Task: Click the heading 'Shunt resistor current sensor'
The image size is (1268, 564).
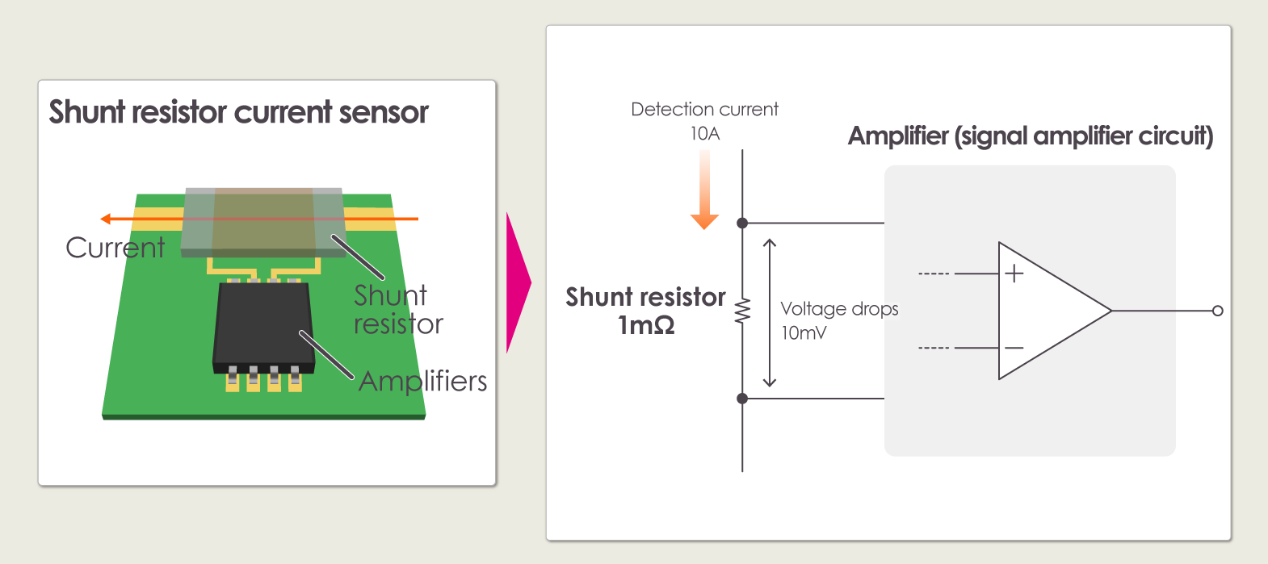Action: point(238,112)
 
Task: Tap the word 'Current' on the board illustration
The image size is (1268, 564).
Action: point(115,248)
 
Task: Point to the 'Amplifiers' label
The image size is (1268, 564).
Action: point(422,381)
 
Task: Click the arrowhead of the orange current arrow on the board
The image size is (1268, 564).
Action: point(106,219)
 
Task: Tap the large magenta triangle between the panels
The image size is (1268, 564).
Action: point(517,282)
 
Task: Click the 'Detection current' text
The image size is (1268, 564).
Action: point(704,109)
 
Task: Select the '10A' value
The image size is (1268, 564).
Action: point(704,133)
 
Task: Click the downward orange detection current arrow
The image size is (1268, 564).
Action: point(704,194)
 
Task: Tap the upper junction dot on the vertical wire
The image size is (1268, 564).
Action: point(742,223)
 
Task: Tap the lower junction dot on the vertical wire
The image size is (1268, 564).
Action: point(742,399)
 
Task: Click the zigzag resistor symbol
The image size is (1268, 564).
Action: point(742,311)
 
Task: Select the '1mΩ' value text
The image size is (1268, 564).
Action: point(646,325)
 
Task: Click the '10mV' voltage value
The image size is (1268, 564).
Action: point(804,332)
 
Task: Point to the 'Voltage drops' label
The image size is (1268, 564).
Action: point(839,309)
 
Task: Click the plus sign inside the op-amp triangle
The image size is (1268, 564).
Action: point(1014,274)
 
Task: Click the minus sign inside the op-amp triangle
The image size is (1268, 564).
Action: point(1014,348)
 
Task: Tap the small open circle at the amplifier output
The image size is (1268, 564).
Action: point(1218,311)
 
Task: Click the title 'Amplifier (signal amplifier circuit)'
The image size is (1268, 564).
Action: point(1031,136)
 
